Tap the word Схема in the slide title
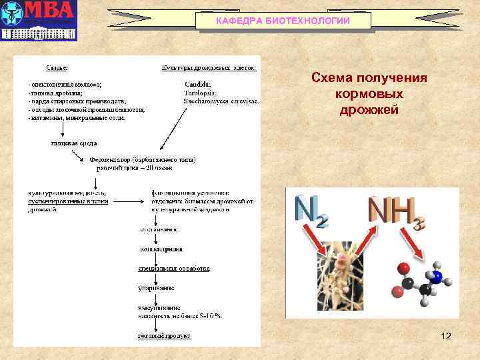(335, 79)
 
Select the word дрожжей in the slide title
(369, 109)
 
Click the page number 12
(446, 336)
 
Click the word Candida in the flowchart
(198, 84)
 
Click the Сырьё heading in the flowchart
(56, 67)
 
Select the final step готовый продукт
(161, 336)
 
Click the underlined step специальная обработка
(174, 269)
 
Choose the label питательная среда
(73, 143)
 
